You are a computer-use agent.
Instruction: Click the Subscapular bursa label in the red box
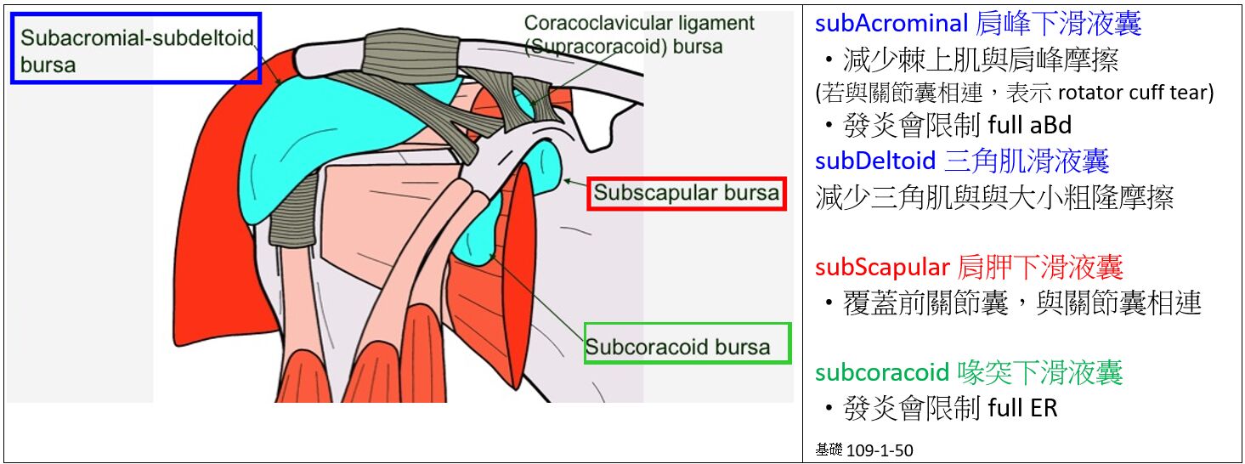(x=686, y=193)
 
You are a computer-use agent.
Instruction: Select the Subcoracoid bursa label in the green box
(x=677, y=347)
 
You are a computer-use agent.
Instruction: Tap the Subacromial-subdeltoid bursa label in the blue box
(x=136, y=50)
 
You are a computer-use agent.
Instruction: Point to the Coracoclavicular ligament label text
(x=639, y=23)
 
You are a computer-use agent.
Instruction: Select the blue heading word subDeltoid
(x=874, y=161)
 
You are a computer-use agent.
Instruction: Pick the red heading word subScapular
(x=881, y=268)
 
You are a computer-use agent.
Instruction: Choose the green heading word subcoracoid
(x=881, y=372)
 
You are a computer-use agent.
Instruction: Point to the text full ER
(x=1022, y=409)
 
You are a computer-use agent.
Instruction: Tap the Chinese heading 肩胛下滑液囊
(x=1040, y=268)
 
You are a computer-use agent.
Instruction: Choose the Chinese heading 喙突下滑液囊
(x=1040, y=372)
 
